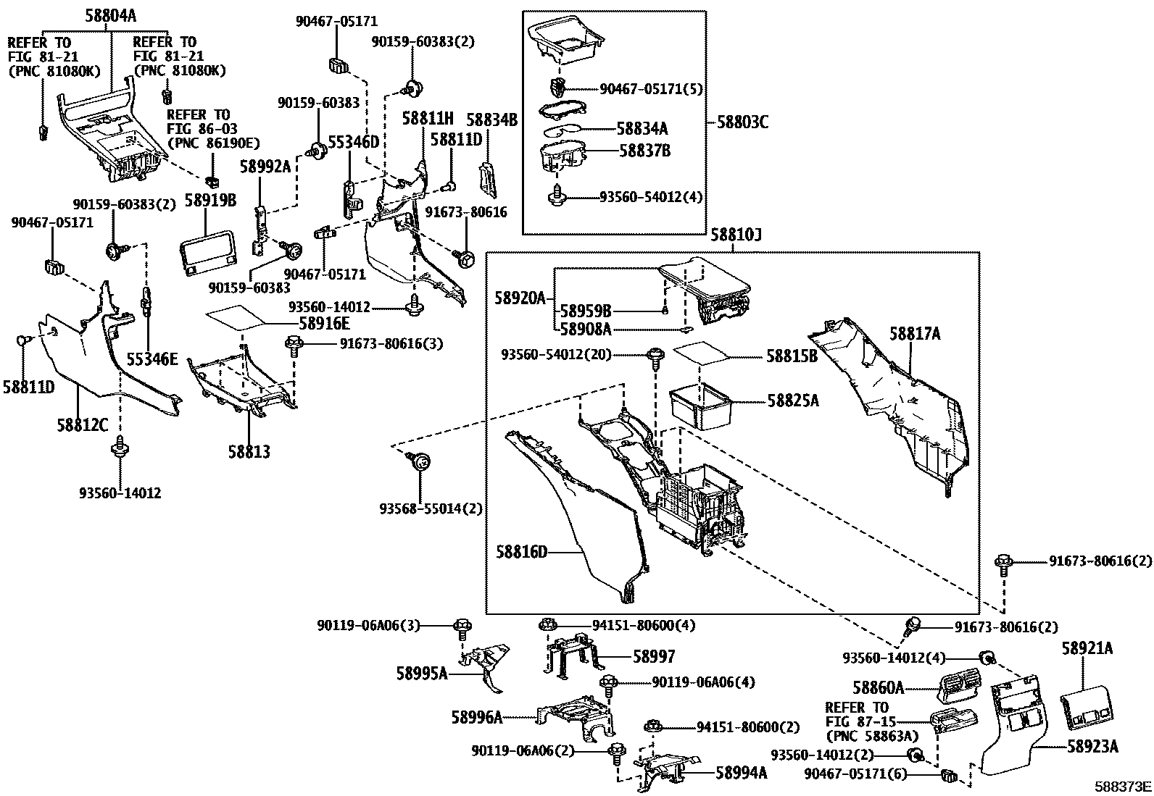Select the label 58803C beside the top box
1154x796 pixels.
(742, 122)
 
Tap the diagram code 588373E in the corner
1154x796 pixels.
(1123, 787)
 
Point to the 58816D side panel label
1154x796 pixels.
(521, 553)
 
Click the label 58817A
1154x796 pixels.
(915, 334)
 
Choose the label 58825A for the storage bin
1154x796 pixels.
(793, 401)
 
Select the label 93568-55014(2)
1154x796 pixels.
(431, 508)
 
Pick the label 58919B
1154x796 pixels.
(211, 201)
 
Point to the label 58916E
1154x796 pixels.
(324, 324)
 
